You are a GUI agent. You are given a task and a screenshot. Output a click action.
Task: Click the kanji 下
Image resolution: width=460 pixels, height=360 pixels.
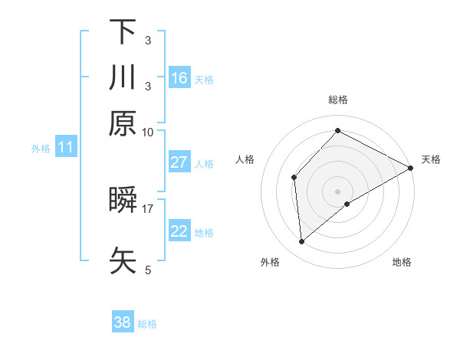coord(123,32)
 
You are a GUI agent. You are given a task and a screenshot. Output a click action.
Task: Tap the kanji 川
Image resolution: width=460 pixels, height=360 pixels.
coord(123,77)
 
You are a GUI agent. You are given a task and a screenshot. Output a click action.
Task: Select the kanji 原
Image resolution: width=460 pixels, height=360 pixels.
coord(123,123)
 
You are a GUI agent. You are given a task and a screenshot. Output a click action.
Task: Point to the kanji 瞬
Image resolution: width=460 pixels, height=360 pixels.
coord(123,201)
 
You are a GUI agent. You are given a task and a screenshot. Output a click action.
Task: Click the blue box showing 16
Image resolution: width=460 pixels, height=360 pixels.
coord(179,77)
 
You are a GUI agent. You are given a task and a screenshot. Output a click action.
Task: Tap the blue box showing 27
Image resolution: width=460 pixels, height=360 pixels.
coord(179,162)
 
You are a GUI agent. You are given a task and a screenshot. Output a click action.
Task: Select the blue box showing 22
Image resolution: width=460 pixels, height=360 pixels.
coord(179,231)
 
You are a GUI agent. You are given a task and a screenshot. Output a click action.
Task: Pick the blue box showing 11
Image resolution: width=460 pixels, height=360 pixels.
coord(65,148)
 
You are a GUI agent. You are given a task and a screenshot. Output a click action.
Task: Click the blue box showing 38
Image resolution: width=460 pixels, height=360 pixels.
coord(122,322)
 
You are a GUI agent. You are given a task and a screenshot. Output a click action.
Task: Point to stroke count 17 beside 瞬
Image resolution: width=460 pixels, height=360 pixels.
coord(148,208)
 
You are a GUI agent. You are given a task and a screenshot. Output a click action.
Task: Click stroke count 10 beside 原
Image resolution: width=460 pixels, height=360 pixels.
coord(148,131)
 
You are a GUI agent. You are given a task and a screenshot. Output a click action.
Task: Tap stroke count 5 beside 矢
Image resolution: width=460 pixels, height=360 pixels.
coord(148,269)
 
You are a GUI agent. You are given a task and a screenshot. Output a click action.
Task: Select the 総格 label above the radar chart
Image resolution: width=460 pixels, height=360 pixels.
coord(337,100)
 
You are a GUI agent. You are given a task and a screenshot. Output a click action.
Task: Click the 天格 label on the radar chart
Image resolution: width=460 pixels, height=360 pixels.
coord(431,159)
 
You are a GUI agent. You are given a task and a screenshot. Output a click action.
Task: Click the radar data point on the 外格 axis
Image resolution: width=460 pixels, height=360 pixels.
coord(302,242)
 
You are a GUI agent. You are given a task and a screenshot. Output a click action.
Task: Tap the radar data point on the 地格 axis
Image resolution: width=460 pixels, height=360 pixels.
coord(347,204)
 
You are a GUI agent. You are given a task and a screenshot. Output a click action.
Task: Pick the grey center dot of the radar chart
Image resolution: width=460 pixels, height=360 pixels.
coord(337,191)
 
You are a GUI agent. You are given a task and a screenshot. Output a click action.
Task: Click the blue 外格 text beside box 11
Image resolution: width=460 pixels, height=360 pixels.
coord(41,149)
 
